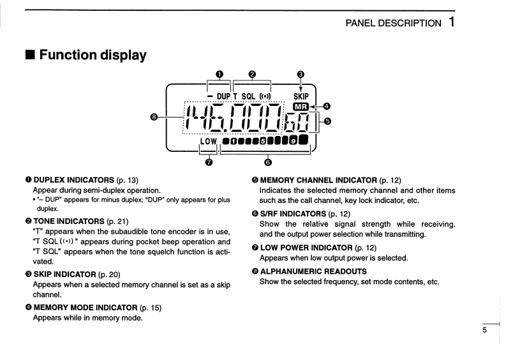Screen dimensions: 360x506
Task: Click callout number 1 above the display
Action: click(220, 74)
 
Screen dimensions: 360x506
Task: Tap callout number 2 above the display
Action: click(252, 74)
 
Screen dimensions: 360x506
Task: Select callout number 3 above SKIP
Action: click(301, 74)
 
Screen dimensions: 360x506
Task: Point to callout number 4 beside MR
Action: click(327, 106)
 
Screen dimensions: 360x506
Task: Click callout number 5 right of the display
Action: click(328, 121)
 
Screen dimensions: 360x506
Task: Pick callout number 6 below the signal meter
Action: click(267, 162)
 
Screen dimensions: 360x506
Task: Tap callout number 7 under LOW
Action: click(209, 162)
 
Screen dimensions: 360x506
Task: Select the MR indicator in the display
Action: click(301, 106)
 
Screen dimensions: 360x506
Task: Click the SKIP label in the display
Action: click(301, 96)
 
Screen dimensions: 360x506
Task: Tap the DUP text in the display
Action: click(223, 96)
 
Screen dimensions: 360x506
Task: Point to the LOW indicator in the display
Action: click(209, 140)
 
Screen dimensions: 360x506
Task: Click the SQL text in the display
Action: click(248, 96)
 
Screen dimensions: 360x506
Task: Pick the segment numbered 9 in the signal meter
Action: click(292, 140)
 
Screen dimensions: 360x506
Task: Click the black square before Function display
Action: click(29, 55)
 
